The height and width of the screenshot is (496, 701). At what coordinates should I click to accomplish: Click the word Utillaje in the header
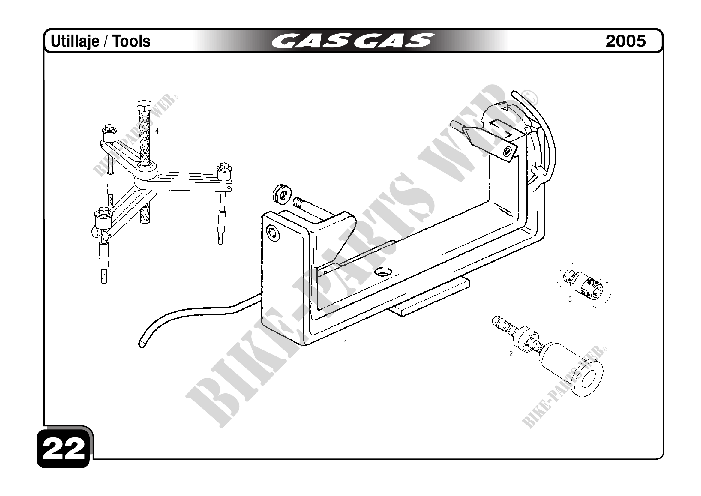(x=75, y=41)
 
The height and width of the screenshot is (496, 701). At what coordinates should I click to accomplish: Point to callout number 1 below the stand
(x=345, y=343)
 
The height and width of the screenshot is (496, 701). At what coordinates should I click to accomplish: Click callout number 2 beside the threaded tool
(x=511, y=354)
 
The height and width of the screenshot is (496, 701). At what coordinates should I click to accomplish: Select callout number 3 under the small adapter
(x=570, y=300)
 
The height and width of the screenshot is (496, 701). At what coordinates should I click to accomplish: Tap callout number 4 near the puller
(x=157, y=131)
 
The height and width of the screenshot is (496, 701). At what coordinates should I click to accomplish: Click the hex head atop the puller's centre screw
(x=143, y=106)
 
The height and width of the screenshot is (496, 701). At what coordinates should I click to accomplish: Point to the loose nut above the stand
(x=281, y=194)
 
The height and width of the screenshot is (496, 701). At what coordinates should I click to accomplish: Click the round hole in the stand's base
(x=383, y=272)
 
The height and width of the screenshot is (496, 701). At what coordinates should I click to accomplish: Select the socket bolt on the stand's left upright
(x=272, y=234)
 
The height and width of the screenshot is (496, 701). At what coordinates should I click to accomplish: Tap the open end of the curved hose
(x=142, y=344)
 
